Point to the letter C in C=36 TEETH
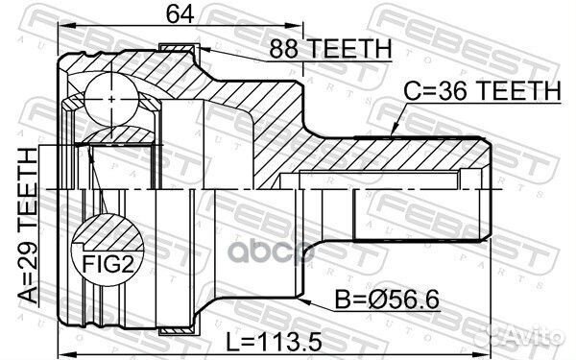click(x=409, y=92)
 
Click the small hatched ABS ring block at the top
click(x=179, y=49)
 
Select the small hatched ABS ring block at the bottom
click(x=179, y=331)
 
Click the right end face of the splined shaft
click(x=490, y=192)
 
